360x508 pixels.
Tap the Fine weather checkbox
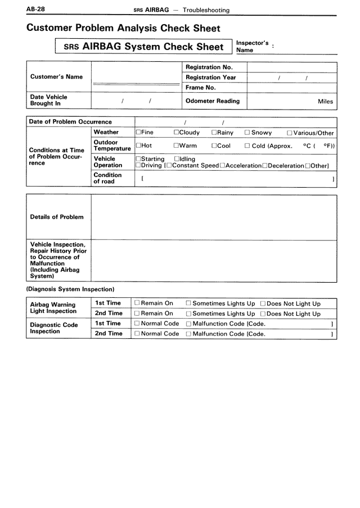tap(138, 133)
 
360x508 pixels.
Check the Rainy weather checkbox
tap(214, 133)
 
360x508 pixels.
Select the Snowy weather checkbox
tap(247, 133)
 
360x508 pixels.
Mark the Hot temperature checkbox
tap(138, 146)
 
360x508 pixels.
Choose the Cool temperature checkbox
tap(214, 146)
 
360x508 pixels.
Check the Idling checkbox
tap(177, 160)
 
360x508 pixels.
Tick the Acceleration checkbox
tap(223, 166)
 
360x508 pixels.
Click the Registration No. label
tap(209, 67)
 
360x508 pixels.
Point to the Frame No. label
tap(201, 88)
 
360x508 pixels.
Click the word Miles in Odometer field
tap(325, 102)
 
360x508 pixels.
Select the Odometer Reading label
tap(212, 101)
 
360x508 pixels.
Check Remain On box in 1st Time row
tap(137, 304)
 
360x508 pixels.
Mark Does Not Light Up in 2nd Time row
tap(263, 314)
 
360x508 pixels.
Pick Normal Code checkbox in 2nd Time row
tap(137, 334)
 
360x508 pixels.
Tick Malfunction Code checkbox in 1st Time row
tap(188, 324)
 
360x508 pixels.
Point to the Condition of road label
tap(107, 178)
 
